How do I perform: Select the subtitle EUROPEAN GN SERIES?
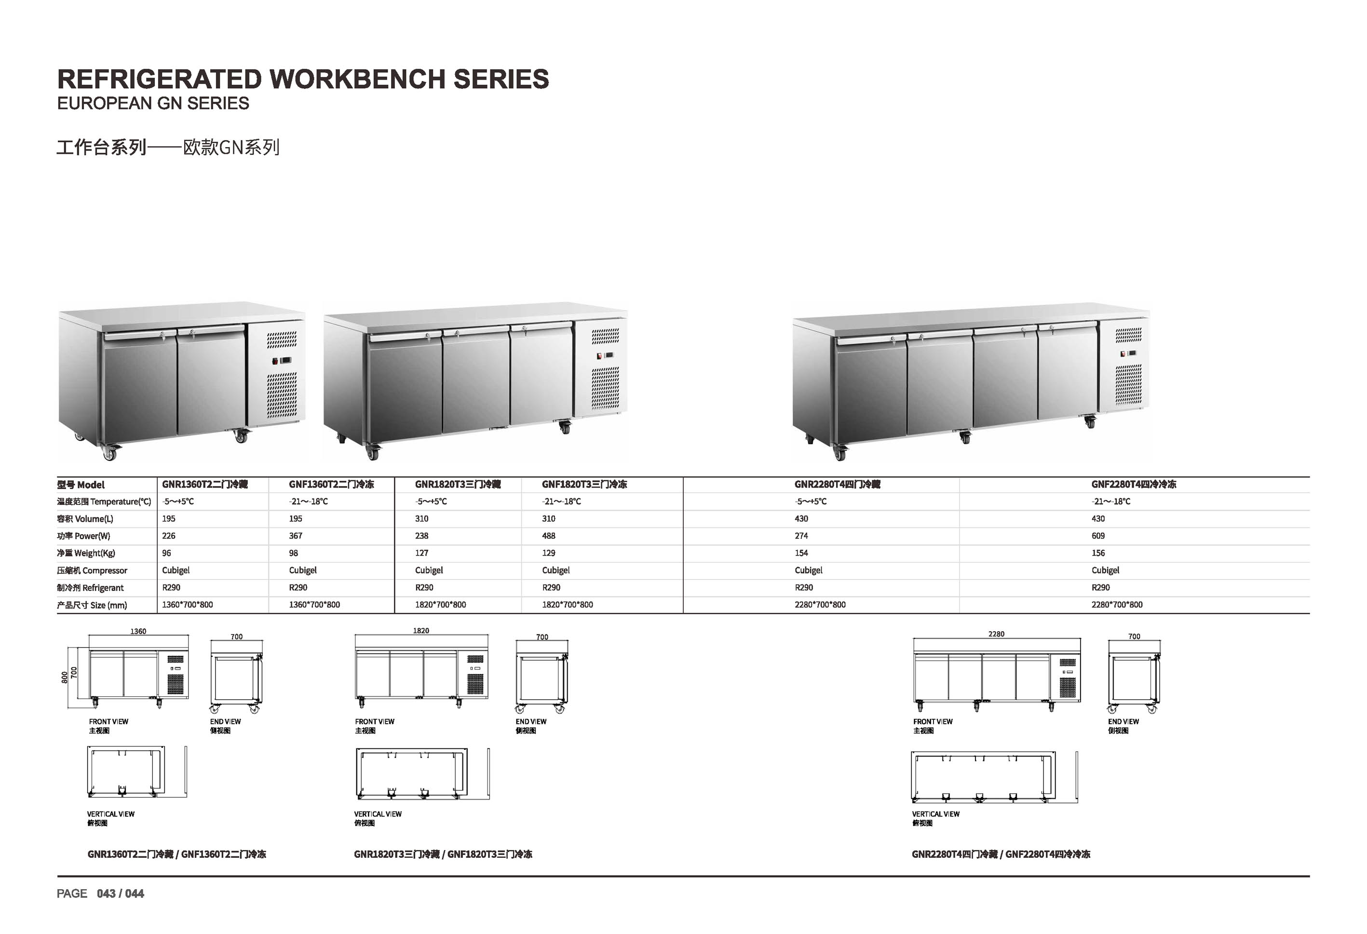(153, 104)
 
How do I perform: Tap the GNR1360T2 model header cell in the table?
(205, 484)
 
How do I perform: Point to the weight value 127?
(422, 553)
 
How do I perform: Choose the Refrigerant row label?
(90, 588)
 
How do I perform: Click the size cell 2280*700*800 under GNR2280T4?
(820, 605)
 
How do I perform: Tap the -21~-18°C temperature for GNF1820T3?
(561, 501)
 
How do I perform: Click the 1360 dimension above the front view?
(138, 631)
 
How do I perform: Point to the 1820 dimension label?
(421, 631)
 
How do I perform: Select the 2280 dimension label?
(996, 634)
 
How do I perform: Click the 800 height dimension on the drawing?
(64, 677)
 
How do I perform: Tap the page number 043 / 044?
(121, 893)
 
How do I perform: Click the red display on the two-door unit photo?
(282, 361)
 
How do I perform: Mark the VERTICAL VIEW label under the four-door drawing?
(935, 814)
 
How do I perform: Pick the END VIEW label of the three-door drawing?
(531, 722)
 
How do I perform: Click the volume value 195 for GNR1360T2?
(169, 519)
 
